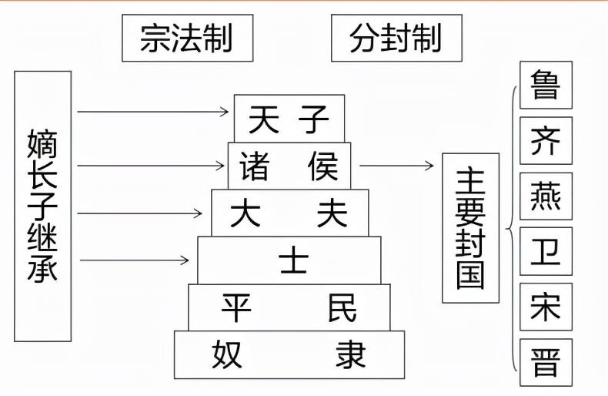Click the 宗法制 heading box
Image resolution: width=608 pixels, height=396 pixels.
(187, 37)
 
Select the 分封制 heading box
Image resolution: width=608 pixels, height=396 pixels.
(396, 37)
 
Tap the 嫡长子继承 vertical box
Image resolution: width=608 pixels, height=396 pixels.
(43, 206)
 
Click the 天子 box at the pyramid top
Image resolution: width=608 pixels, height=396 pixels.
(289, 119)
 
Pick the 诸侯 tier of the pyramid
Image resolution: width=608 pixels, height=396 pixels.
(289, 166)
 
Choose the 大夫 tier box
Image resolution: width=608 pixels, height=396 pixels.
(289, 213)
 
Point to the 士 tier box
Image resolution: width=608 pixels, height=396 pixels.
(289, 260)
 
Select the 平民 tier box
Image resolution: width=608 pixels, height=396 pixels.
(289, 307)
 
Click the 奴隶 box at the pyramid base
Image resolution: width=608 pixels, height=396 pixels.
(289, 354)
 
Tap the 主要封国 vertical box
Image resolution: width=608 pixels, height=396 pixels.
(470, 227)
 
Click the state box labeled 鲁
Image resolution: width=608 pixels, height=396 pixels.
(546, 86)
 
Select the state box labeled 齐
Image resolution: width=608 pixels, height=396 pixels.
(546, 140)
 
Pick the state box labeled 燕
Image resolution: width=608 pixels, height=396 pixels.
(546, 196)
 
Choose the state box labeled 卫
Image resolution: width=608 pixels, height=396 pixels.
(546, 251)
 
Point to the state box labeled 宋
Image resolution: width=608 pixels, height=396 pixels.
(546, 307)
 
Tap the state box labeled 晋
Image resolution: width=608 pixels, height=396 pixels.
(546, 361)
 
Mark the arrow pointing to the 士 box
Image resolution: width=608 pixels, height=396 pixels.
(134, 260)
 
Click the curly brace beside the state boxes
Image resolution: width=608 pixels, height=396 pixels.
(511, 229)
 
